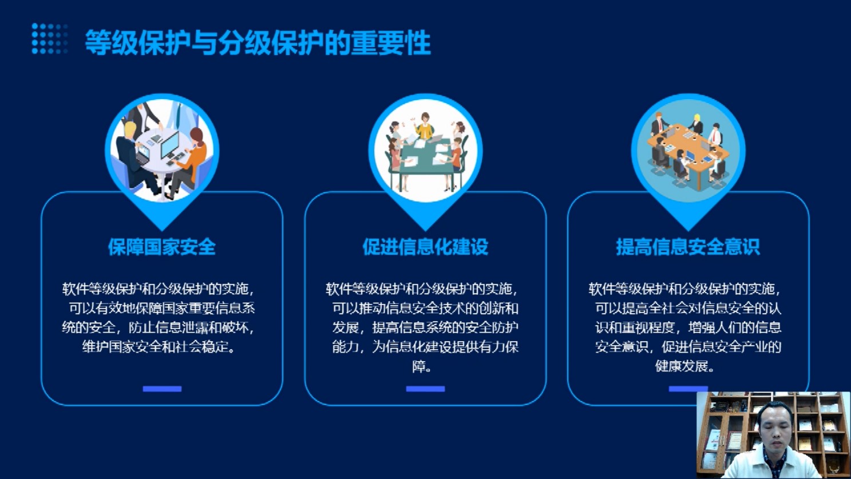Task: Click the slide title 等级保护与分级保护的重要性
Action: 258,42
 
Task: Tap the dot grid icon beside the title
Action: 50,38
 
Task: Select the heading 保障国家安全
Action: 162,247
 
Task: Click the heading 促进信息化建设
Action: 425,247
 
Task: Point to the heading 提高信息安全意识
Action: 688,247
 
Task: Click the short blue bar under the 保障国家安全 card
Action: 162,389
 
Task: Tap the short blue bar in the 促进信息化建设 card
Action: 426,389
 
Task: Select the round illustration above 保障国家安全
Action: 162,151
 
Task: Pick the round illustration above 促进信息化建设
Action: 426,151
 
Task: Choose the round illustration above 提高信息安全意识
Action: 688,151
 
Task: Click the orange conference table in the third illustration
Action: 688,153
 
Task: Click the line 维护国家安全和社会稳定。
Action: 159,347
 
